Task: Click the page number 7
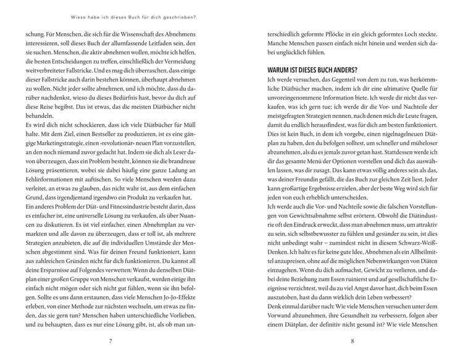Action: pos(109,340)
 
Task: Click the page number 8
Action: pos(351,340)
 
